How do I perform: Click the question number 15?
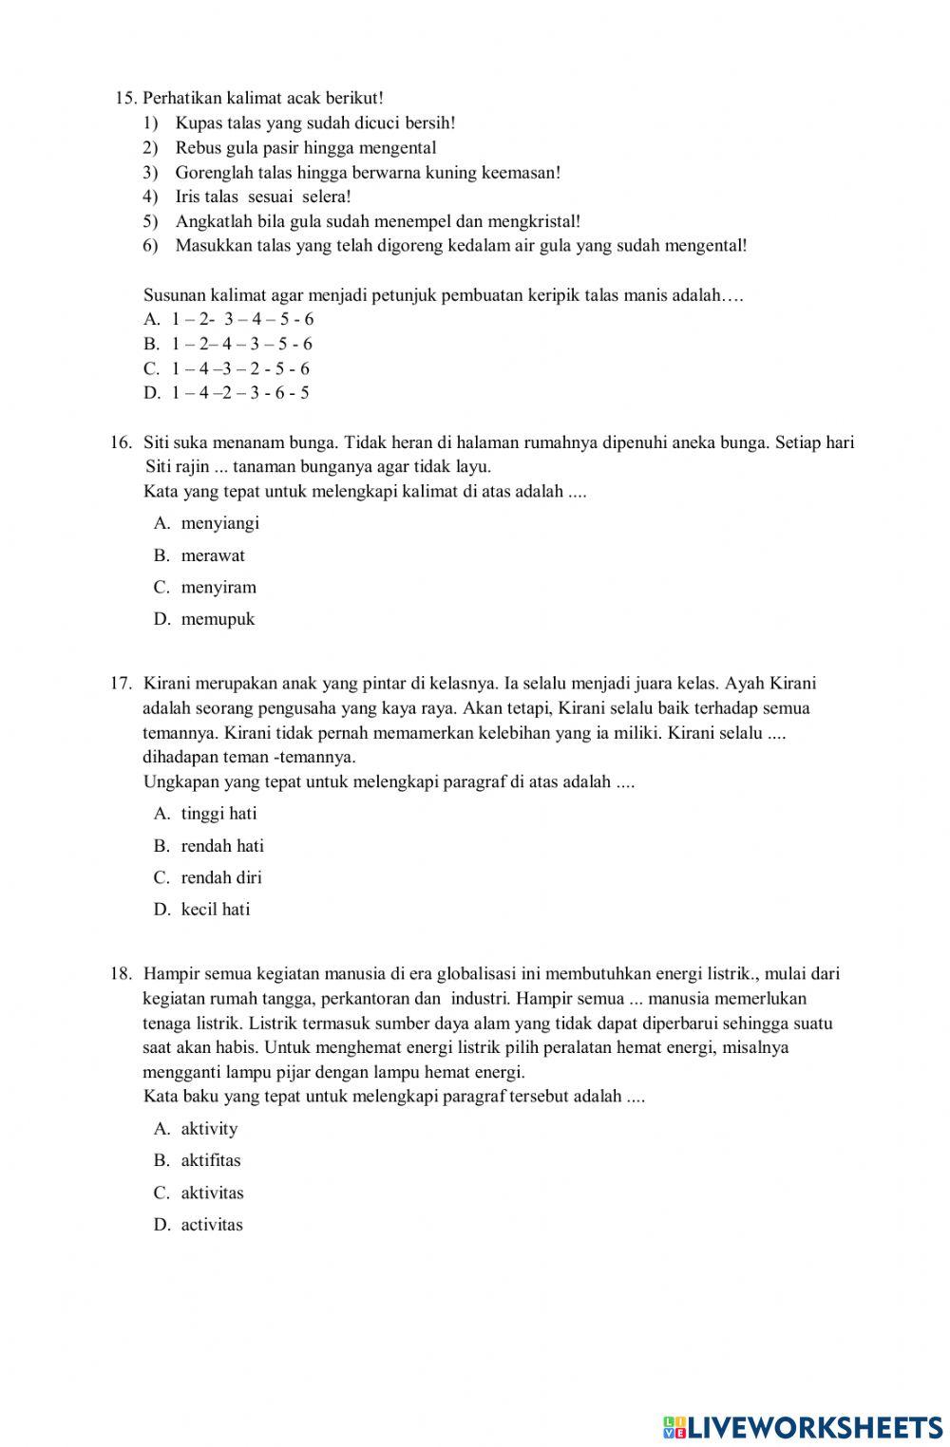point(125,98)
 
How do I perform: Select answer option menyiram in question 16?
point(218,588)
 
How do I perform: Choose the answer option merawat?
point(212,555)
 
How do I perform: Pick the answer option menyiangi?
point(219,523)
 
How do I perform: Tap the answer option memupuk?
point(218,619)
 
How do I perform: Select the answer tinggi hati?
point(218,814)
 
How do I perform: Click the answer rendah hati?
point(222,846)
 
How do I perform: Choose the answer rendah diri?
point(220,877)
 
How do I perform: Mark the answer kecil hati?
point(216,910)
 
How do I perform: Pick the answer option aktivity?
point(209,1129)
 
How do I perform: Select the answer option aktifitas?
point(211,1160)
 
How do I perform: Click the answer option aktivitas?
point(212,1193)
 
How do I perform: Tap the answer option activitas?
point(212,1225)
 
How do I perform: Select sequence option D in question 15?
point(228,393)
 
